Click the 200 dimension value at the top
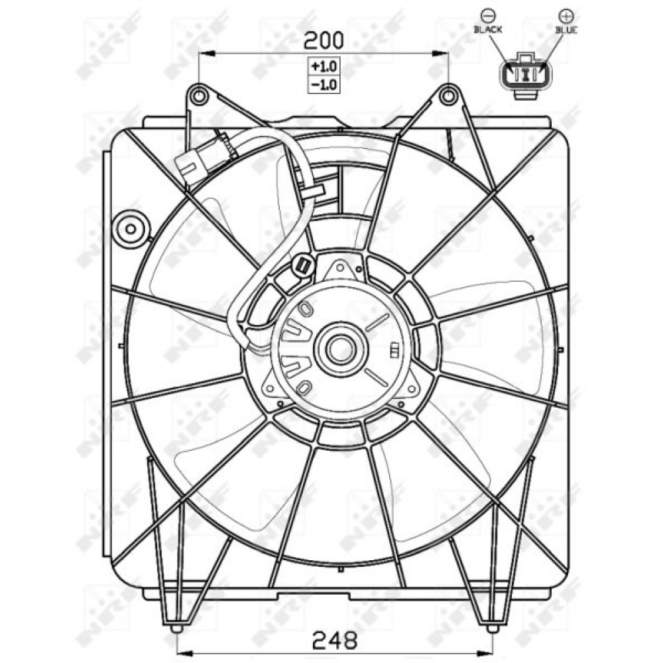point(324,40)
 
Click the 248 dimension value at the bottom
point(334,641)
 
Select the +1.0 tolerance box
point(324,66)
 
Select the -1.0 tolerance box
point(324,85)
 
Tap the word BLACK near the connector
point(488,30)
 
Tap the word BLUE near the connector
point(566,30)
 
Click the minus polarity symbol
point(488,16)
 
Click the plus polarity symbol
point(566,16)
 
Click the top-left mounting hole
point(199,96)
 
